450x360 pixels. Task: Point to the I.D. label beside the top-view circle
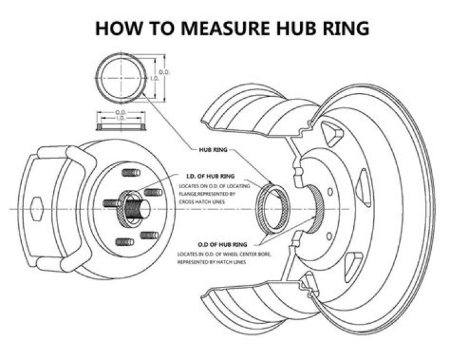[x=154, y=78]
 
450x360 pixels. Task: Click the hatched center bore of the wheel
[x=317, y=206]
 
